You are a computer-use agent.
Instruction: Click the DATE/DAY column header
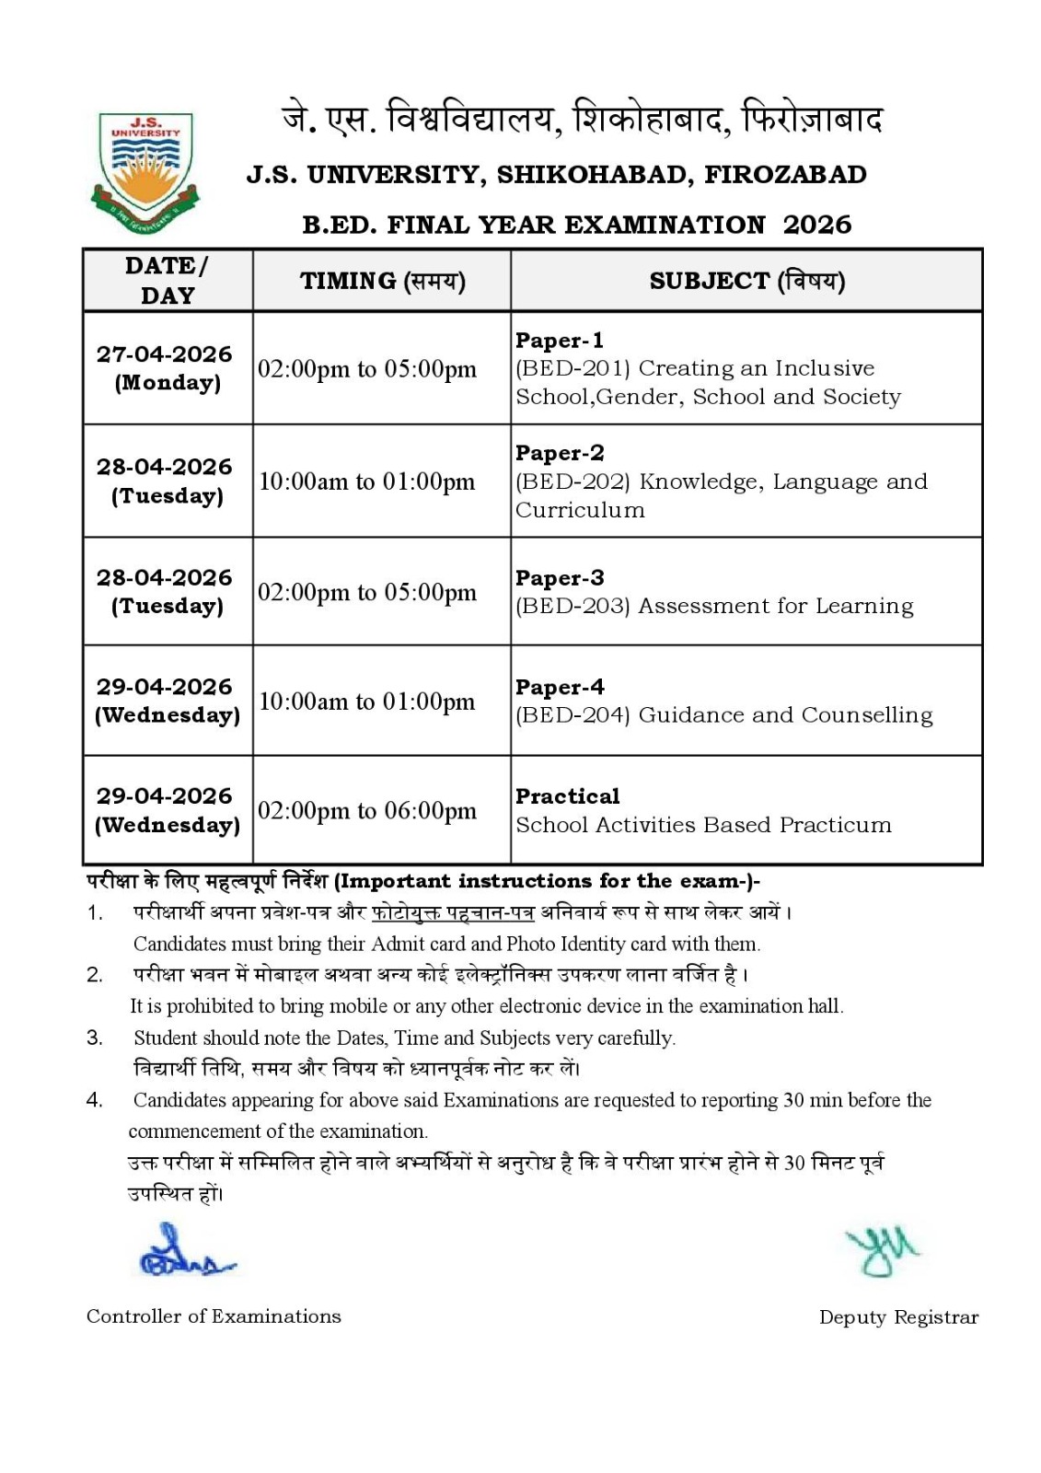[x=168, y=280]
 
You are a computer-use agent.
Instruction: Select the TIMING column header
[x=382, y=281]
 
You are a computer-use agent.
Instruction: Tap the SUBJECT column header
[x=746, y=281]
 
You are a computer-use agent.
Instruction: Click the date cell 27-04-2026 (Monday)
[x=165, y=367]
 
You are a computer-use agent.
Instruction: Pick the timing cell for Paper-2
[x=366, y=481]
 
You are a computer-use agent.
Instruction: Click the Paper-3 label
[x=560, y=578]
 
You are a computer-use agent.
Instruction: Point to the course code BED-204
[x=572, y=715]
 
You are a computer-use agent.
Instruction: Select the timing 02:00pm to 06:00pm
[x=366, y=811]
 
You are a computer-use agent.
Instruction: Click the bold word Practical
[x=567, y=796]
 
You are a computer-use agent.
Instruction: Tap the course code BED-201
[x=573, y=368]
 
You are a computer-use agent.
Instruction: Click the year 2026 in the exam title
[x=817, y=225]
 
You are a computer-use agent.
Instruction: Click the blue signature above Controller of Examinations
[x=184, y=1253]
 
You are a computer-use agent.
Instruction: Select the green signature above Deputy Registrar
[x=882, y=1250]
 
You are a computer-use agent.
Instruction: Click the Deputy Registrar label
[x=898, y=1317]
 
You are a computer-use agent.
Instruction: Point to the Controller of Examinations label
[x=214, y=1316]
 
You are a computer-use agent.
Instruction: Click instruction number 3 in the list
[x=95, y=1038]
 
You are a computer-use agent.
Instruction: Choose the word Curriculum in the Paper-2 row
[x=580, y=510]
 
